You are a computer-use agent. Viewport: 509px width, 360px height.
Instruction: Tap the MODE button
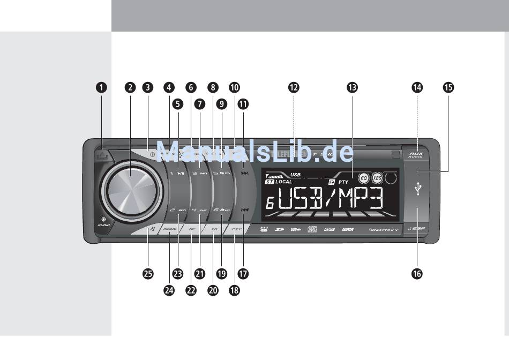coord(170,229)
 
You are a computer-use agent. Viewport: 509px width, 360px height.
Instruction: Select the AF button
coord(192,229)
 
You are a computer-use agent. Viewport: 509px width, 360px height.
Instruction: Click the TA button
coord(214,229)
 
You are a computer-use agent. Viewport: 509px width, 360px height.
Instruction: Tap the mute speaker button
coord(147,230)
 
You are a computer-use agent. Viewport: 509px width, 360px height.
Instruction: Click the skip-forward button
coord(244,174)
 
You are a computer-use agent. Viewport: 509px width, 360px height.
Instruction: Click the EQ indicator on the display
coord(363,177)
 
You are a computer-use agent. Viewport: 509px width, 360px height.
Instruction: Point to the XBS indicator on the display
coord(378,177)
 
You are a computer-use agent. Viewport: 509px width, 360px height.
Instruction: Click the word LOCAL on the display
coord(284,182)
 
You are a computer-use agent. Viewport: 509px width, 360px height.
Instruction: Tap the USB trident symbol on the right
coord(418,189)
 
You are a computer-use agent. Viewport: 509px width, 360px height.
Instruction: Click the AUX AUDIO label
coord(416,155)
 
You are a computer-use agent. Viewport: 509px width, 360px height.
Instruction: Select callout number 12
coord(294,88)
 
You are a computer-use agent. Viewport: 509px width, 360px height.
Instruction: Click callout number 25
coord(148,273)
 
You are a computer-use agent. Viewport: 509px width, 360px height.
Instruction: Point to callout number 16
coord(416,273)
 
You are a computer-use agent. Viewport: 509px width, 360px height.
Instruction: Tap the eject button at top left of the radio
coord(103,156)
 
